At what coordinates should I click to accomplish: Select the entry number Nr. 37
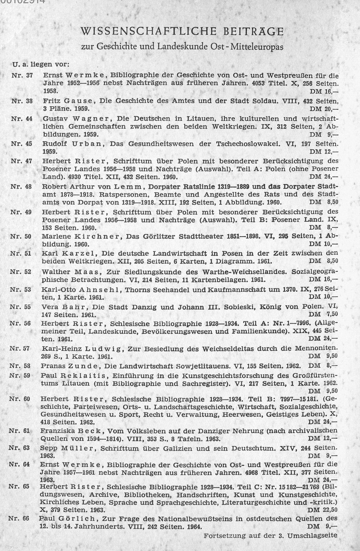pos(22,76)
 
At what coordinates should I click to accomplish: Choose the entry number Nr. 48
pos(21,187)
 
